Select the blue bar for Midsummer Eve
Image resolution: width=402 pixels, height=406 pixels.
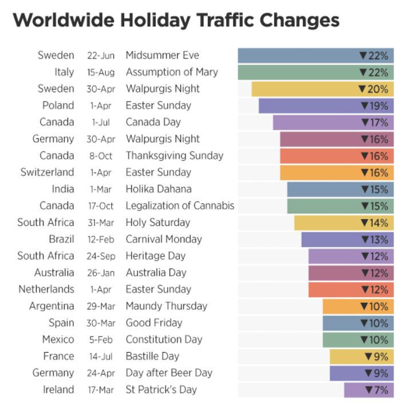pos(298,56)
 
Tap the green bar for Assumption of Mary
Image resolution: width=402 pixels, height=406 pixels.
pos(298,72)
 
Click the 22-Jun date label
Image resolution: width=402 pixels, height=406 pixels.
pos(101,56)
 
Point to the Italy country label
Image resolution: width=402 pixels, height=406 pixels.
pos(64,72)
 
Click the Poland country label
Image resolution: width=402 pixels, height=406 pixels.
pos(58,106)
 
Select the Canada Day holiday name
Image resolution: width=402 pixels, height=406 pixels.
pos(153,122)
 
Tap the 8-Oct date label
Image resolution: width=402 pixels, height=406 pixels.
pos(101,156)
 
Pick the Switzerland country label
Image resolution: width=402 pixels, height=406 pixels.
pos(47,172)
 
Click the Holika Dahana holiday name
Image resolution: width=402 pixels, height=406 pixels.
pos(159,189)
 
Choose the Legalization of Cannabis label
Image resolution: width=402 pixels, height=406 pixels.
pos(180,205)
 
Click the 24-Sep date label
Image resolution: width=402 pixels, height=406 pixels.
pos(101,256)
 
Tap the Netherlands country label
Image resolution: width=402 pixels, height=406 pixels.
pos(46,289)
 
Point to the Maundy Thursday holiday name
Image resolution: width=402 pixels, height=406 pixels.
pos(166,306)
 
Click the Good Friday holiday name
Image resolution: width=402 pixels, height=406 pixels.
pos(153,322)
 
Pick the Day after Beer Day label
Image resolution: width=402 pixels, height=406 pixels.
pos(169,373)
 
